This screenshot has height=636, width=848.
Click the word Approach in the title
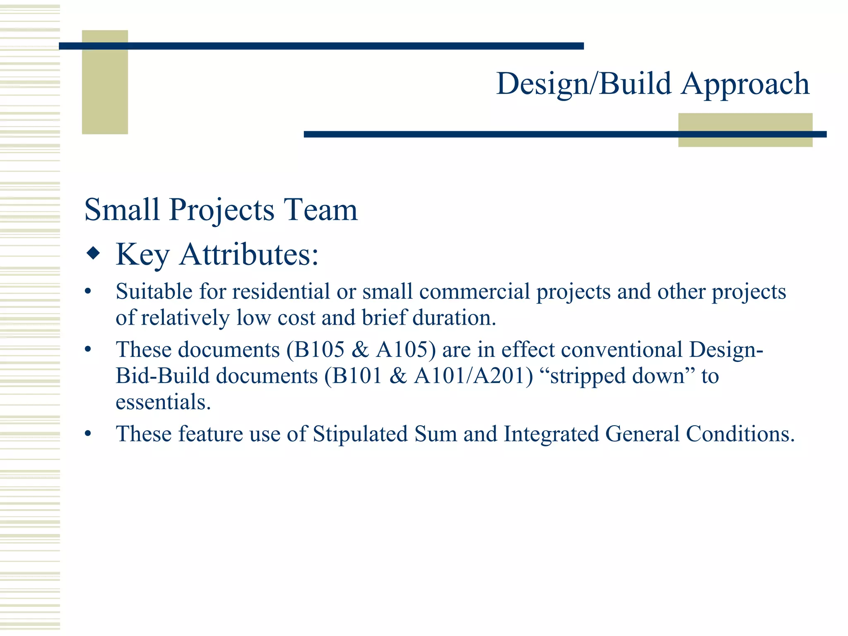[x=745, y=84]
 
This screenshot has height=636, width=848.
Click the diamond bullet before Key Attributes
[x=93, y=253]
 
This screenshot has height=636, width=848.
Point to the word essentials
[x=163, y=402]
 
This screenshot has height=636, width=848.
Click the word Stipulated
[x=360, y=434]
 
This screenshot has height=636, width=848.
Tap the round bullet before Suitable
[x=87, y=292]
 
